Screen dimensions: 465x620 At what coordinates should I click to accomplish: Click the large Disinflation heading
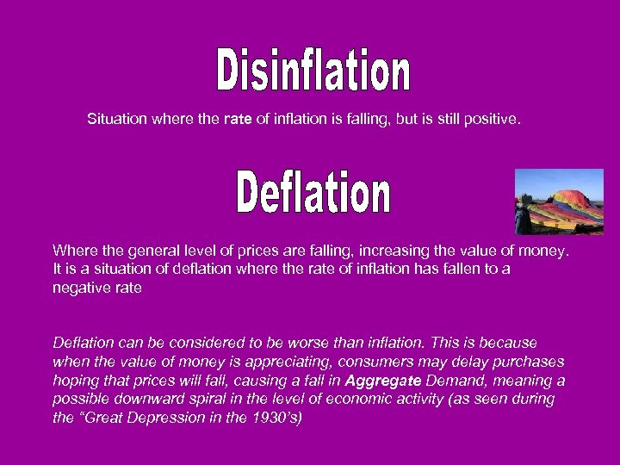[313, 71]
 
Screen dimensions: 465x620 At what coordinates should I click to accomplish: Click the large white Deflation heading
[313, 193]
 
